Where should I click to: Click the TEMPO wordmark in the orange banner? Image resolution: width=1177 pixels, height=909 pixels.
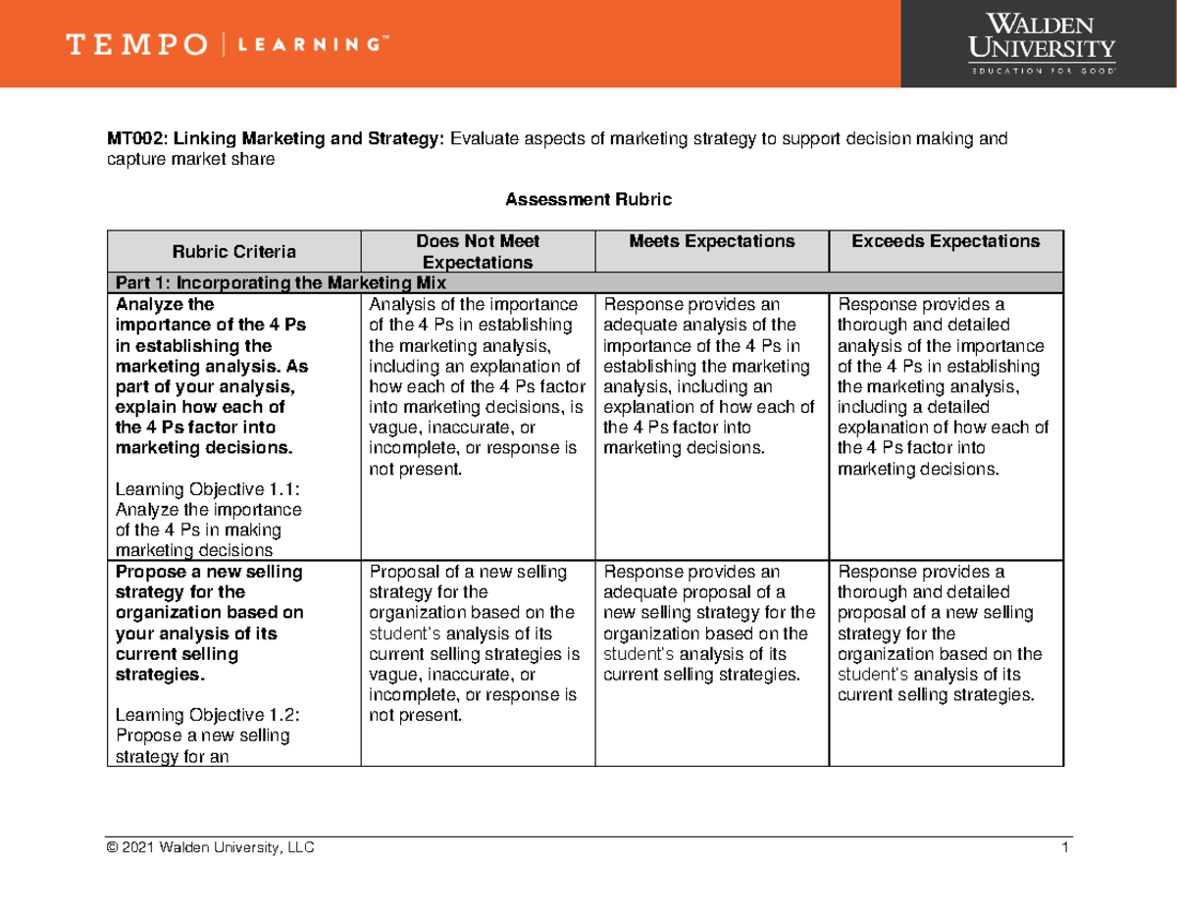[136, 44]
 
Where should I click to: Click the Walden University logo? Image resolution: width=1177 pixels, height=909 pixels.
[1041, 43]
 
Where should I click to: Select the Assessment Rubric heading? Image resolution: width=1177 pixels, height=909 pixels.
[588, 200]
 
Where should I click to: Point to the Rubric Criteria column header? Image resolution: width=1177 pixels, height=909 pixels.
[233, 252]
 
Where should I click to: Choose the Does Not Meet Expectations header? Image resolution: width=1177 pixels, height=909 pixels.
[478, 252]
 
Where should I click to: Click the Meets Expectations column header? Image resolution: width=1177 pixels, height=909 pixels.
[712, 241]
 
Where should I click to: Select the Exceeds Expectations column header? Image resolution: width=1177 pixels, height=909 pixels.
[946, 241]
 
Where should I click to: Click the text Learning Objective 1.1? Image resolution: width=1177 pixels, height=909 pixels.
[207, 488]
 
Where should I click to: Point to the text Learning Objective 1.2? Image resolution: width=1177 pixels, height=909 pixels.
[207, 716]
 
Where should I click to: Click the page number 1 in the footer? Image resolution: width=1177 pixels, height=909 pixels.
[1063, 848]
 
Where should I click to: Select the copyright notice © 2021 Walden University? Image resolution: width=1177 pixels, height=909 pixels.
[211, 848]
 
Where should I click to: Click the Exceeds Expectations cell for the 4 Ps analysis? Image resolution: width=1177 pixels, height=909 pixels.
[944, 386]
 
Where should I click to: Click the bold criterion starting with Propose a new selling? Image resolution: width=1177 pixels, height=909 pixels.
[210, 623]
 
